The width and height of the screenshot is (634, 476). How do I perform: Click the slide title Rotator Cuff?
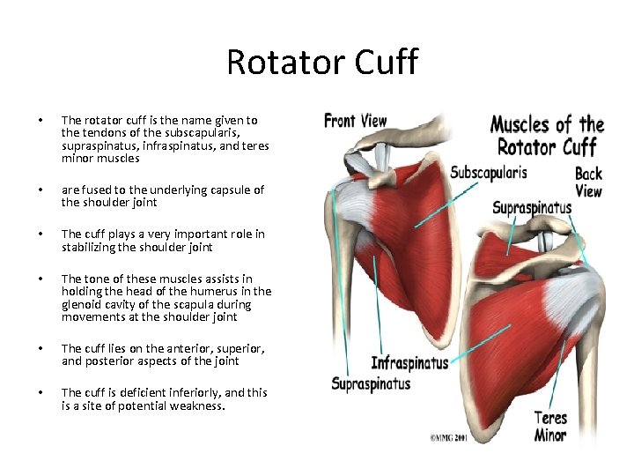(321, 63)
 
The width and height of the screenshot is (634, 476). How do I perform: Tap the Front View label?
(355, 120)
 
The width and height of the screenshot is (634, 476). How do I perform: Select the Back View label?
(588, 182)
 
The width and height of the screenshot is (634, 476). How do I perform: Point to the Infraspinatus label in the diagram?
(409, 362)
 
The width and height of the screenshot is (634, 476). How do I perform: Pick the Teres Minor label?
(550, 426)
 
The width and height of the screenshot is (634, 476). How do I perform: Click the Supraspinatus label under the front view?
(371, 383)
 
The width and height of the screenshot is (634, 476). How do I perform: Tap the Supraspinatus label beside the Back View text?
(531, 208)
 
